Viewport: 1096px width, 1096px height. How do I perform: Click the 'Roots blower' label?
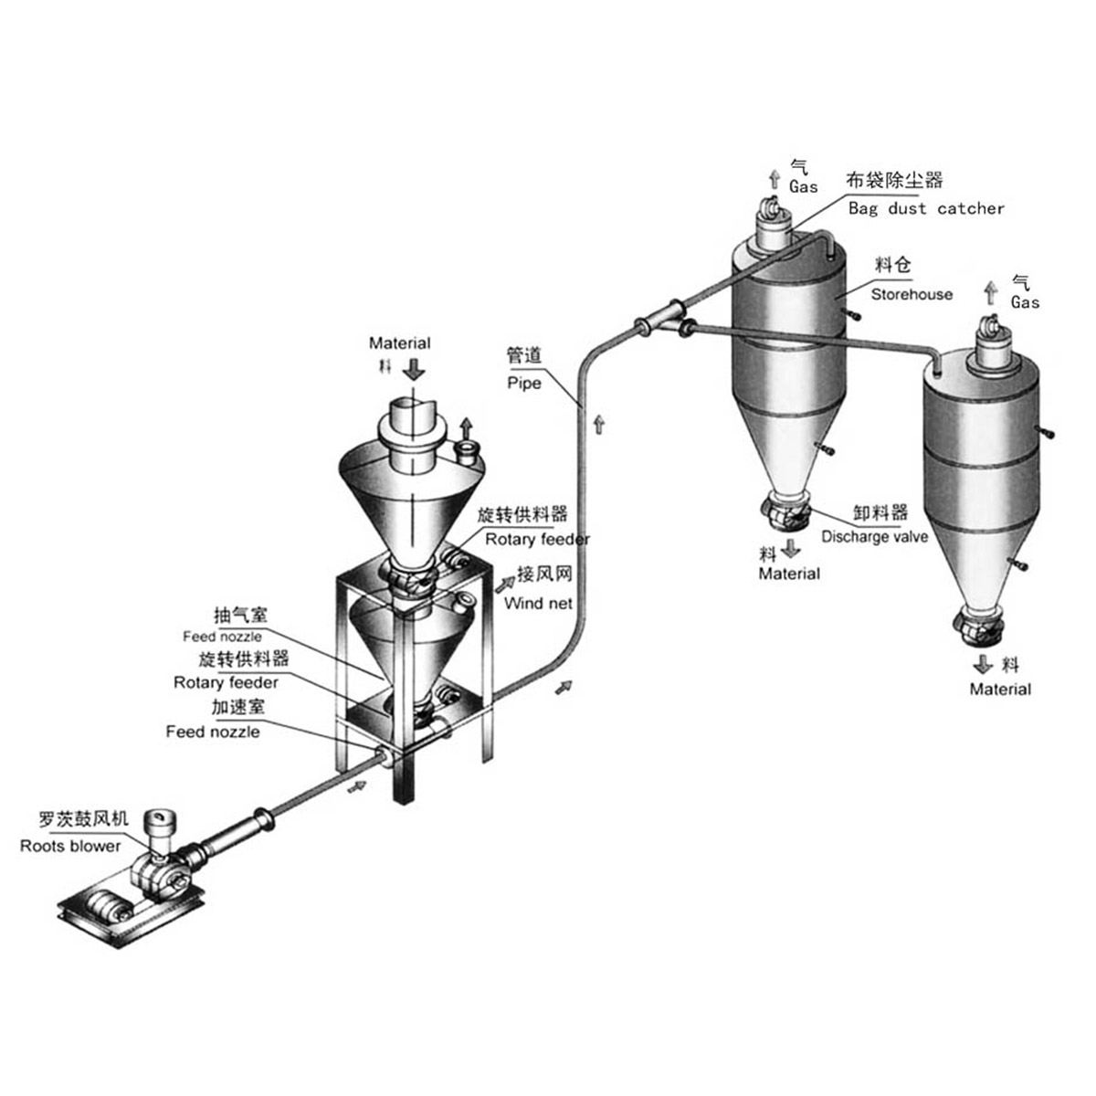pos(70,846)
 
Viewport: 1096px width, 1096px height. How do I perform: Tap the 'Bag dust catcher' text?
pos(926,209)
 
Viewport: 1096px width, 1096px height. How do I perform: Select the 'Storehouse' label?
pos(912,294)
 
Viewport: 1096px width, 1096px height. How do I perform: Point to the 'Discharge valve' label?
pos(874,536)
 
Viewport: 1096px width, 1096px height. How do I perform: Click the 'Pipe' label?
pos(524,384)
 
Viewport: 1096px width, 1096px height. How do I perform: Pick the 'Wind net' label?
pos(538,603)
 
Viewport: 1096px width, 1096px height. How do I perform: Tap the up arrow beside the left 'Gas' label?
pos(775,180)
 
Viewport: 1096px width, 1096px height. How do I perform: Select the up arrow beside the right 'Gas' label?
pos(991,293)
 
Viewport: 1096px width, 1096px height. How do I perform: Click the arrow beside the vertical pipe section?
pos(599,425)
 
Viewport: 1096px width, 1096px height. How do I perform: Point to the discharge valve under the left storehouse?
pos(785,512)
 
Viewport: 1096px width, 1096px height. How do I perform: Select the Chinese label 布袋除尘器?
pos(894,180)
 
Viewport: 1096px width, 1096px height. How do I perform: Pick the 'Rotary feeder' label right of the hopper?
pos(537,539)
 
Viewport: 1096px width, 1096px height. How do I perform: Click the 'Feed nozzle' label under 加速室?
pos(213,732)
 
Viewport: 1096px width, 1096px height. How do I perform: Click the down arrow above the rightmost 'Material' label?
pos(982,664)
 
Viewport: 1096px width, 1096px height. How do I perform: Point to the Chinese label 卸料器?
pos(880,512)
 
